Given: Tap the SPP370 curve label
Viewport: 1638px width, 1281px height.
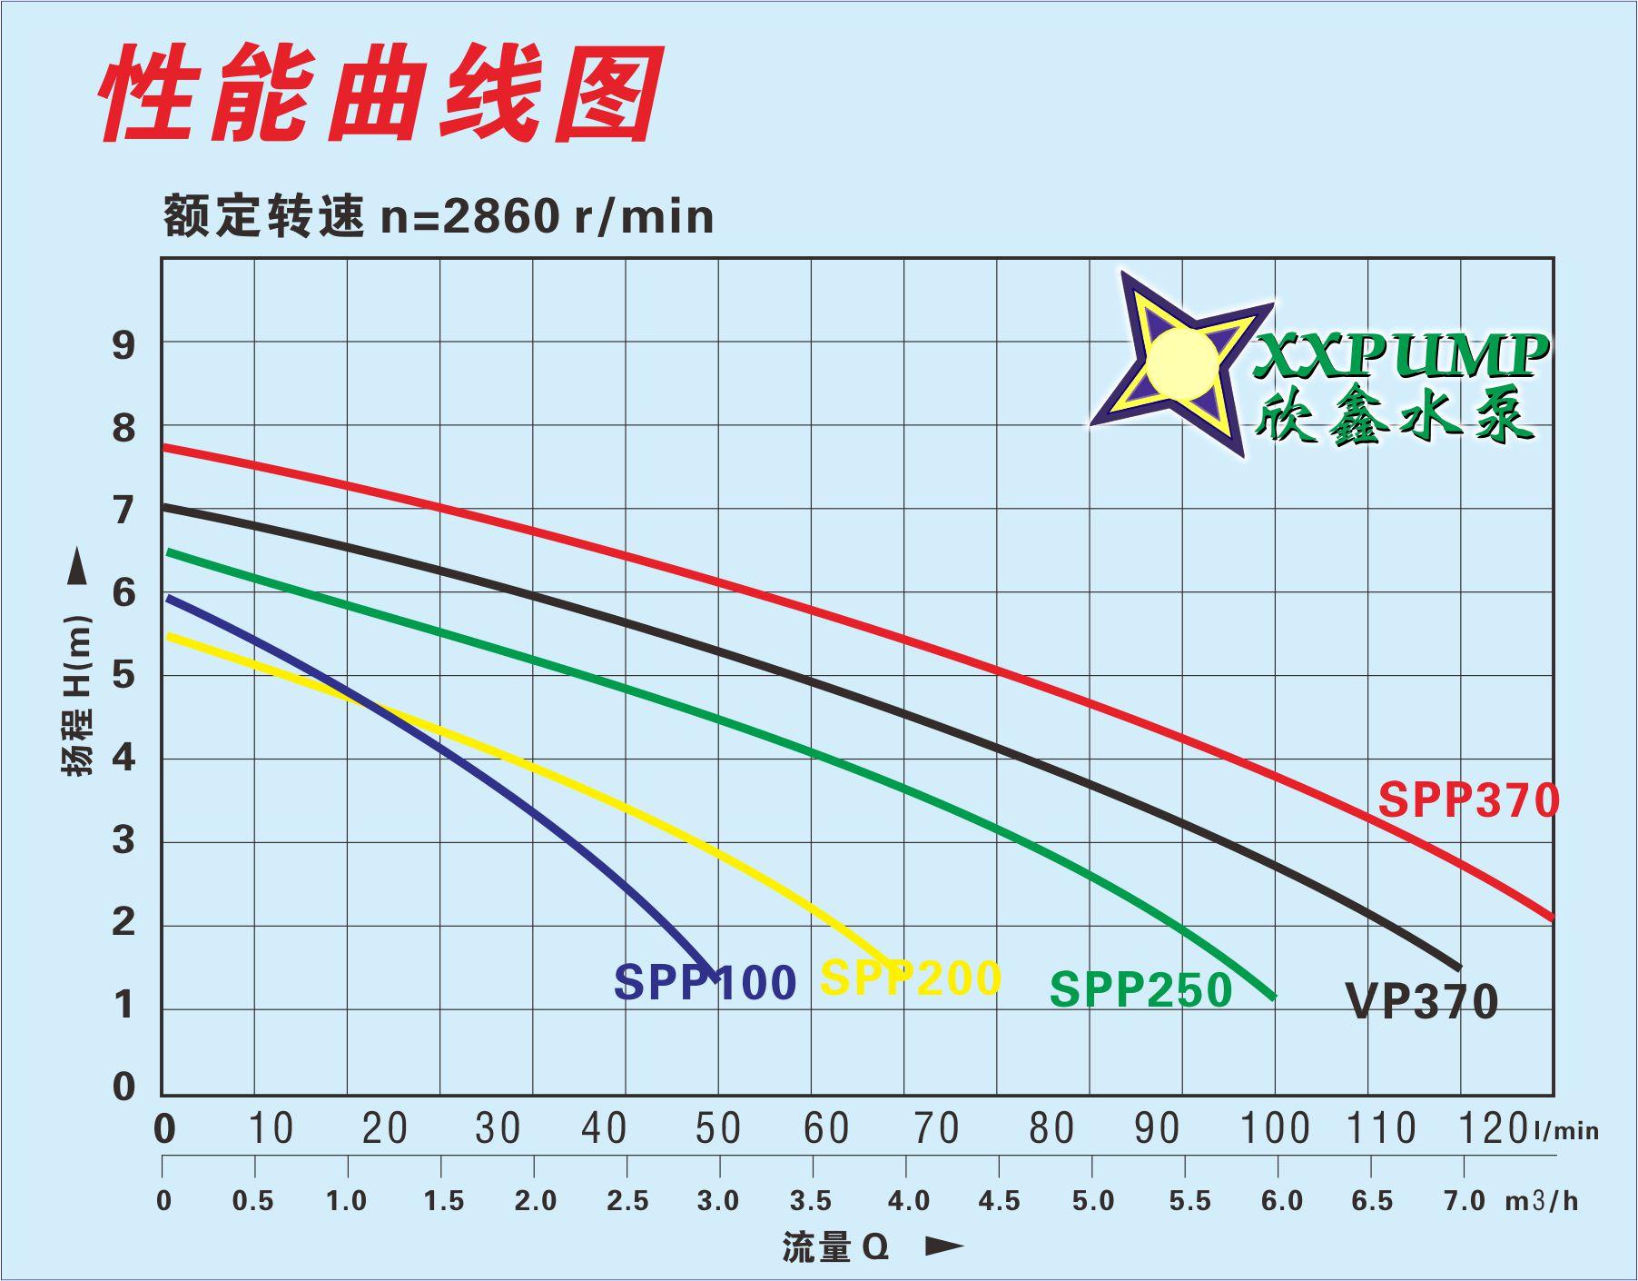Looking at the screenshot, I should [1467, 800].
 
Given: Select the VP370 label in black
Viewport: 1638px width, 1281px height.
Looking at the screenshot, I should [1421, 1002].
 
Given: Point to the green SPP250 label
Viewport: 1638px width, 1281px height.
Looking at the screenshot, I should [1140, 989].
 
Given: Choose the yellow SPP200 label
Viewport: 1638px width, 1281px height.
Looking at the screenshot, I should [910, 978].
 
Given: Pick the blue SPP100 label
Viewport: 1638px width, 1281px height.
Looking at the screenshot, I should [705, 982].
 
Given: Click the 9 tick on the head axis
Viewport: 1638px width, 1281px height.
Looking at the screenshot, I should [123, 345].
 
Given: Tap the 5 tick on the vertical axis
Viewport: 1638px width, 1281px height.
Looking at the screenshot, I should [123, 676].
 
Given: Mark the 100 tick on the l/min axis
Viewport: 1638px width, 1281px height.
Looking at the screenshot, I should [1275, 1129].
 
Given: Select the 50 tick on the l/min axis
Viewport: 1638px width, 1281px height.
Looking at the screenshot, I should [718, 1129].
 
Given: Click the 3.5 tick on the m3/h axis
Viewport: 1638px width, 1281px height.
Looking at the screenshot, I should [811, 1201].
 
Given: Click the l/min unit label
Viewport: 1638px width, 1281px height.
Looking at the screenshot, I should [1566, 1131].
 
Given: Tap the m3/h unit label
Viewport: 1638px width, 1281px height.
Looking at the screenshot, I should [1542, 1201].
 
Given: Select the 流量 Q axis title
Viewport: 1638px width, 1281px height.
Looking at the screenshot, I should [835, 1247].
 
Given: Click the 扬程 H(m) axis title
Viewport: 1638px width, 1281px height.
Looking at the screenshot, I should [78, 695].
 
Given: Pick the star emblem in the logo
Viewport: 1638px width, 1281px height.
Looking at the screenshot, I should [1180, 363].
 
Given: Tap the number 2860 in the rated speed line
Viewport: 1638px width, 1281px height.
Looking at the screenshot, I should [500, 217].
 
